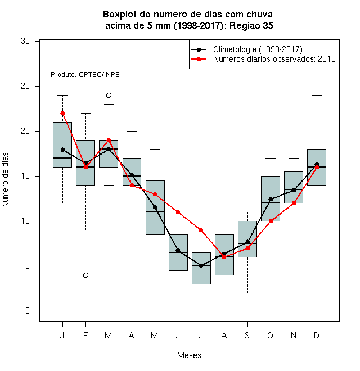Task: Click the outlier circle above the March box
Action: (109, 96)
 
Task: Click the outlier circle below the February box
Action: (85, 275)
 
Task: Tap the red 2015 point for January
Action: (62, 114)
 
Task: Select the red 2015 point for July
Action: (201, 230)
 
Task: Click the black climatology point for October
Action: (271, 199)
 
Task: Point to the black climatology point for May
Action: (155, 207)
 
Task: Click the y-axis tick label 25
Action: (25, 86)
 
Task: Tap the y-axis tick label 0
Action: (28, 311)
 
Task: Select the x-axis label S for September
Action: (247, 336)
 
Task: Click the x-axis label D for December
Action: (317, 336)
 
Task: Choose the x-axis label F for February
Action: (85, 336)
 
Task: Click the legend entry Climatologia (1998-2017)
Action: (258, 49)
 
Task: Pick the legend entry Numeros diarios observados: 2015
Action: (274, 59)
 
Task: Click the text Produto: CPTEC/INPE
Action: (85, 75)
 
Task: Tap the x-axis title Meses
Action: (189, 355)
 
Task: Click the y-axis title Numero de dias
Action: (5, 180)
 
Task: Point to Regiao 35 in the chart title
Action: (251, 25)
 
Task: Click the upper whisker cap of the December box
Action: (317, 96)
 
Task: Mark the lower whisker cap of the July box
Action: (201, 311)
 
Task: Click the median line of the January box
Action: (62, 158)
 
